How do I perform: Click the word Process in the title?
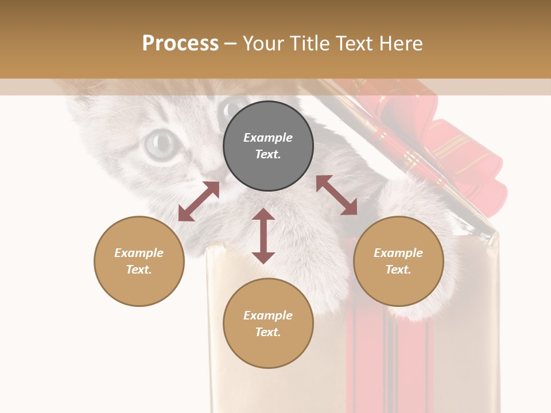[x=180, y=44]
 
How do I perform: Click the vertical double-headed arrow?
[x=263, y=236]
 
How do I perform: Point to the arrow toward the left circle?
[x=199, y=201]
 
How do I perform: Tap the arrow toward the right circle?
[x=336, y=195]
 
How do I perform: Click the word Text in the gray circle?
[x=267, y=154]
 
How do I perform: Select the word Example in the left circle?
[x=139, y=253]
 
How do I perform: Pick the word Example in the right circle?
[x=398, y=253]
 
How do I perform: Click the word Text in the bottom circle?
[x=267, y=332]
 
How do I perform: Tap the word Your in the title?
[x=262, y=44]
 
